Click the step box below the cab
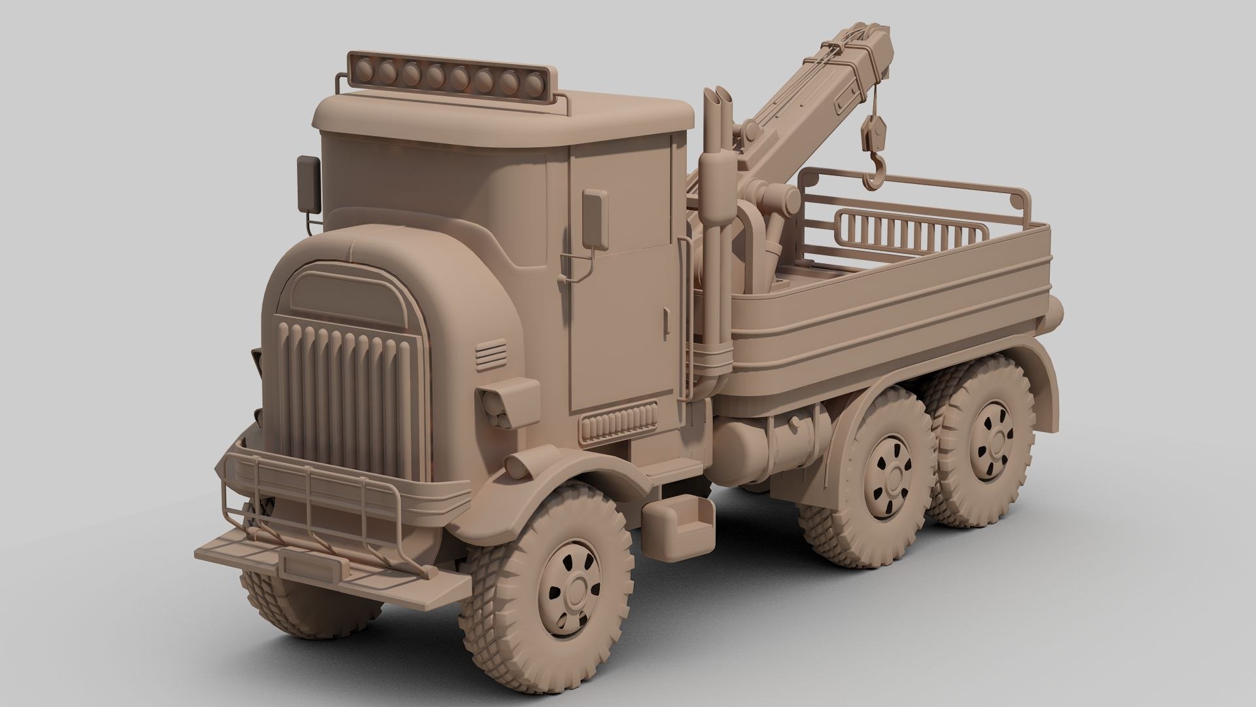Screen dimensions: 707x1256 (676, 524)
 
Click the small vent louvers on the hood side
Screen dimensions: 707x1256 (491, 355)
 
